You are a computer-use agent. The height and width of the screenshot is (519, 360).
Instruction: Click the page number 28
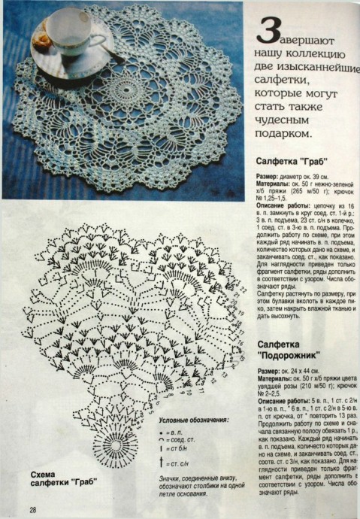pyautogui.click(x=34, y=510)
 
